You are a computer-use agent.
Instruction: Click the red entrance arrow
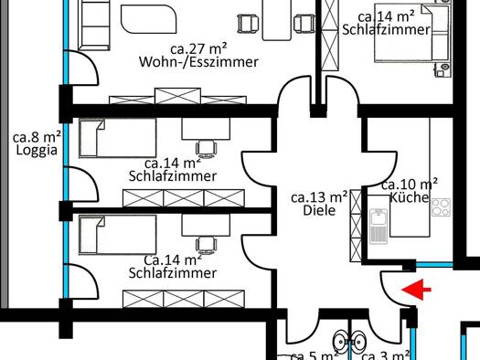[418, 291]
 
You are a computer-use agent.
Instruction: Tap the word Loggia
[30, 153]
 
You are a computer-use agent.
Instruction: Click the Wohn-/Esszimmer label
[197, 62]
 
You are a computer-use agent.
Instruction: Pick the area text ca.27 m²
[197, 48]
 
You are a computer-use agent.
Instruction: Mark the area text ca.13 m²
[319, 196]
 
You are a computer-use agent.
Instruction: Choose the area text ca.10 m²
[409, 184]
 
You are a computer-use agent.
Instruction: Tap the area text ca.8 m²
[32, 138]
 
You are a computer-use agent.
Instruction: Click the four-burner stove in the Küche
[441, 206]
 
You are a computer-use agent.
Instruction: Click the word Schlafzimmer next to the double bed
[387, 30]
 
